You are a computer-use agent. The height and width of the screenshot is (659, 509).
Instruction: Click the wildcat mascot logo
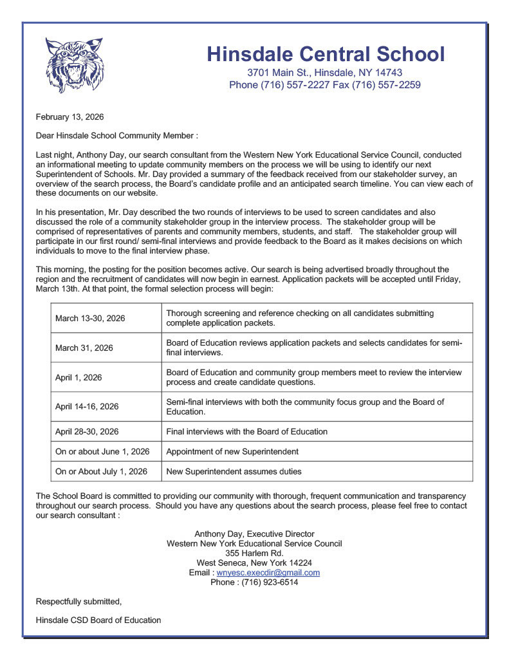74,65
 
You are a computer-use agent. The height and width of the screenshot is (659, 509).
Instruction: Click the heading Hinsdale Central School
325,54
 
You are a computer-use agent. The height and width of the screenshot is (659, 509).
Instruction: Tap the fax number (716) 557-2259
389,85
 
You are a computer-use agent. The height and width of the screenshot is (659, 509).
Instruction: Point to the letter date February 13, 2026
69,117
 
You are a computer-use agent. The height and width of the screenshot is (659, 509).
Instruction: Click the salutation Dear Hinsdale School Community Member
116,136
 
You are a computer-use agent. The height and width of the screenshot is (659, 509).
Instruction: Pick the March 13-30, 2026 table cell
90,319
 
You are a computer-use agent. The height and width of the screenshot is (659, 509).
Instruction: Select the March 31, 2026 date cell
84,348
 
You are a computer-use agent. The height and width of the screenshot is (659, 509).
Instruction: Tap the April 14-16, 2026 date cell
87,407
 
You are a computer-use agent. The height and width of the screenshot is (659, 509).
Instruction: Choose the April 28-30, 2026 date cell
87,432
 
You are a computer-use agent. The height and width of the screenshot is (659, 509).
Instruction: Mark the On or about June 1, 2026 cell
102,452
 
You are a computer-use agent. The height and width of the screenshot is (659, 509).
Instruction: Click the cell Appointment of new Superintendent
232,452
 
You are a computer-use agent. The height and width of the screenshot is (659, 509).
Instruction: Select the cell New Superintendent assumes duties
234,472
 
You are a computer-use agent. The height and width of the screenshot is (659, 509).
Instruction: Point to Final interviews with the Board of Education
246,432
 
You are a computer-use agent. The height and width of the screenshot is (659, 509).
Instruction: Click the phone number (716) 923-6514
270,582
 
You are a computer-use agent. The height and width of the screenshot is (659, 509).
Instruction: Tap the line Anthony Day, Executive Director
254,534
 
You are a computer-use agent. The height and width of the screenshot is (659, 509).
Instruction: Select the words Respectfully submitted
79,602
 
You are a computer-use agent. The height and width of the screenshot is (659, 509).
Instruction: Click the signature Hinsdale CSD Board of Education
98,620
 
